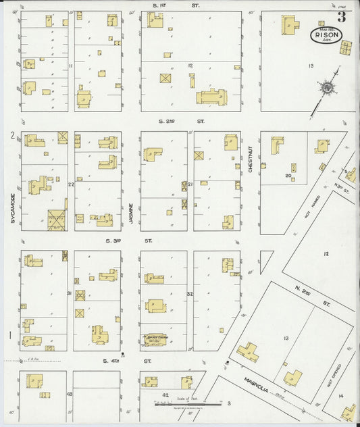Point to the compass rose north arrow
point(327,87)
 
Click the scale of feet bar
point(188,405)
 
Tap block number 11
point(70,66)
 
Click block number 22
point(70,184)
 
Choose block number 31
point(70,292)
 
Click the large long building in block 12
point(211,98)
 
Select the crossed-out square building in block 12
point(165,78)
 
